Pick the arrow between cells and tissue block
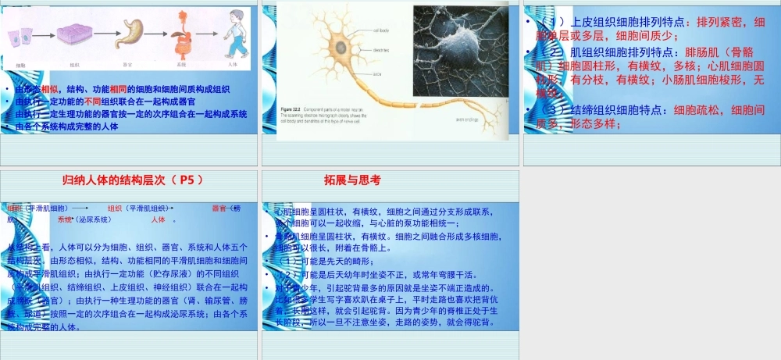click(44, 35)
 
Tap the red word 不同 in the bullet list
click(93, 102)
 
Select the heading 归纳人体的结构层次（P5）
click(132, 180)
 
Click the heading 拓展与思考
click(352, 180)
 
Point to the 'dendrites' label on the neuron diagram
click(381, 51)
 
